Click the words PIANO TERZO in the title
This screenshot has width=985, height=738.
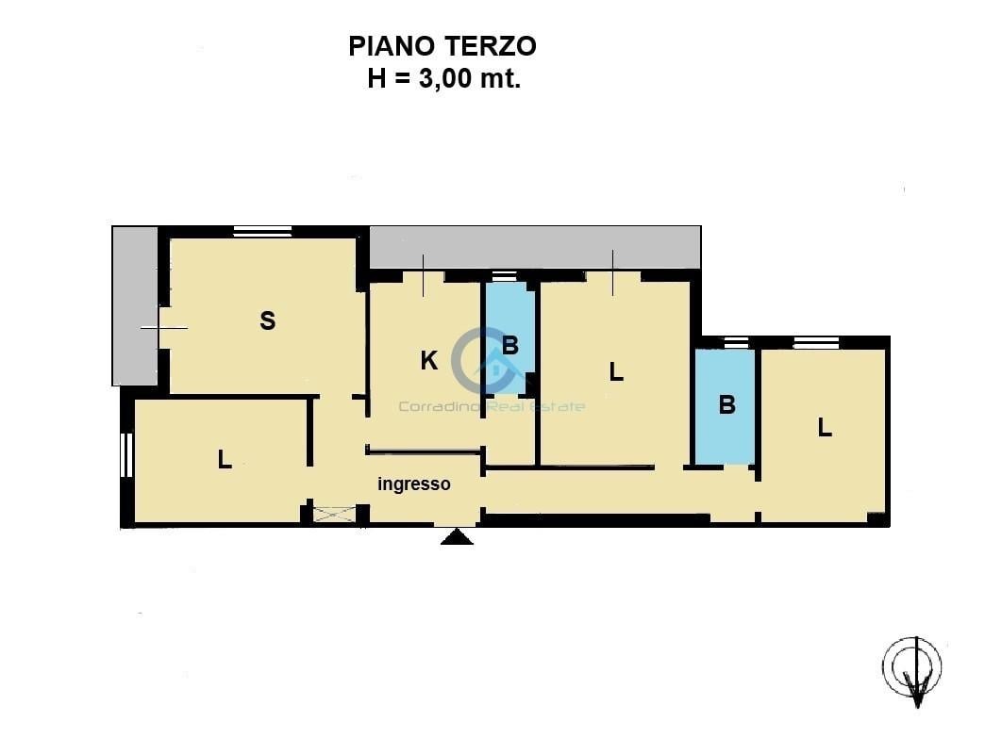pos(442,45)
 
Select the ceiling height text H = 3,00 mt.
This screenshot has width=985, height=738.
pos(443,79)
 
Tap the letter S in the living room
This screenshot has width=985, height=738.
pos(268,321)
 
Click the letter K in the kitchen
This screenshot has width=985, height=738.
pos(428,361)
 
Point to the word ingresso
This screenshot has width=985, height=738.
pos(414,484)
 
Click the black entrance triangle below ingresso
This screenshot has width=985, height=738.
pos(458,537)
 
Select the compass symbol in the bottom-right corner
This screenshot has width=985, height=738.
pos(912,670)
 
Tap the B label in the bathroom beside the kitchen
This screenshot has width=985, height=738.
pos(510,346)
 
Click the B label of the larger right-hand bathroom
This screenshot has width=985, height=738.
pos(726,405)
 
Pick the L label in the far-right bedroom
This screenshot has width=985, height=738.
pos(825,428)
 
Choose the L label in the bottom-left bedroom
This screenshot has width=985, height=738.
pos(225,460)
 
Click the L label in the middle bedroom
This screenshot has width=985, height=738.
pos(616,372)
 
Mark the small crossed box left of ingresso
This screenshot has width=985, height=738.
pos(334,514)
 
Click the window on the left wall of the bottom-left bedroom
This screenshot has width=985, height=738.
pos(126,454)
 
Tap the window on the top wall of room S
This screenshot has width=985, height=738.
pos(262,232)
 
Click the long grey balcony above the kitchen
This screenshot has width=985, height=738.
pos(534,247)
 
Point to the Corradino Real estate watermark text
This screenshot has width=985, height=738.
pos(492,406)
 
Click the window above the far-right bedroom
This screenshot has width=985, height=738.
pos(815,343)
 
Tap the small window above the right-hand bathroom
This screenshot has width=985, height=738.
pos(736,343)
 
